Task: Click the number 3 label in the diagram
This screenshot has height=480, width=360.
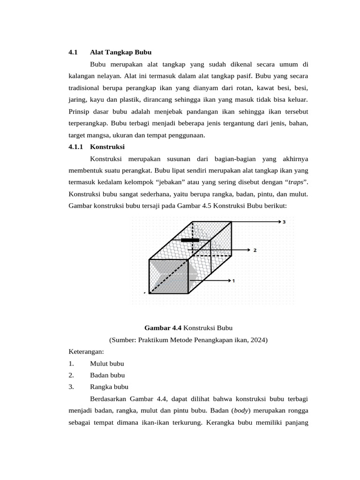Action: pyautogui.click(x=284, y=222)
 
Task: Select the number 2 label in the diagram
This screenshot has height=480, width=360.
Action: pyautogui.click(x=255, y=250)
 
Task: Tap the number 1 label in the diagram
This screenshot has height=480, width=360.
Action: pyautogui.click(x=233, y=281)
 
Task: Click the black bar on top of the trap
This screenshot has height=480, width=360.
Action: pyautogui.click(x=190, y=240)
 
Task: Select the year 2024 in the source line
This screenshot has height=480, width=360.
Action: pyautogui.click(x=257, y=339)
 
